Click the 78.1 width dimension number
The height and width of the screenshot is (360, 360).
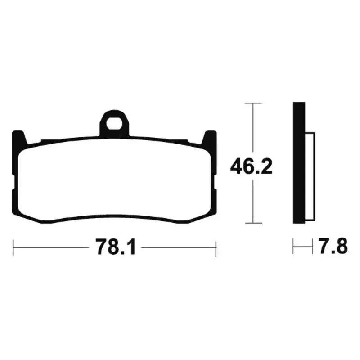click(x=116, y=247)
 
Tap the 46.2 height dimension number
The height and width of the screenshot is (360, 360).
click(x=251, y=166)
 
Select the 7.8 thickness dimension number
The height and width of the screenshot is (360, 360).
click(x=333, y=246)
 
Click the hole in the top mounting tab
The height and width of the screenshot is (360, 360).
click(x=114, y=123)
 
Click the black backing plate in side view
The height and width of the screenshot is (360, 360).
click(x=299, y=163)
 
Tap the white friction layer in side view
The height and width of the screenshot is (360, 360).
click(x=310, y=176)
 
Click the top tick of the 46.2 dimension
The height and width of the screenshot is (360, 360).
click(x=253, y=103)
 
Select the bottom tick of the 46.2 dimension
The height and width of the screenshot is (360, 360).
click(x=253, y=223)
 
